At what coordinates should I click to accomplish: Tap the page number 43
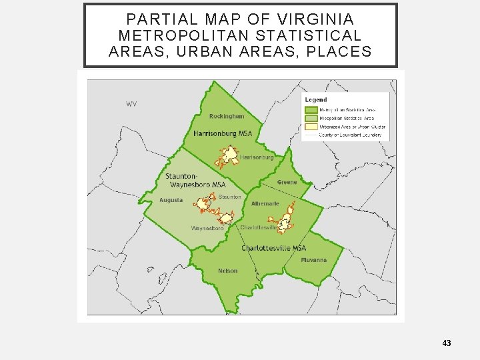coord(447,343)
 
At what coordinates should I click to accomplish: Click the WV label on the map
coord(131,104)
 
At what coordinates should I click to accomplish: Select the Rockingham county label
coord(227,116)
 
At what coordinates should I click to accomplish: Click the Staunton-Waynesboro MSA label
coord(195,180)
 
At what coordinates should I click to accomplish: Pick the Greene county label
coord(287,182)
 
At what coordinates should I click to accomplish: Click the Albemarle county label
coord(265,203)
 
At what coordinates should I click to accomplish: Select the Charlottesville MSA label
coord(273,248)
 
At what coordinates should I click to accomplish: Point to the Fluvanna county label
coord(313,259)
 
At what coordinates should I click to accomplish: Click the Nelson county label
coord(227,271)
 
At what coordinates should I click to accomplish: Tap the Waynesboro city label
coord(207,228)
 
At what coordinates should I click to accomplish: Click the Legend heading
coord(316,100)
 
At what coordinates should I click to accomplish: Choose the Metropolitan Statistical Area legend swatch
coord(311,109)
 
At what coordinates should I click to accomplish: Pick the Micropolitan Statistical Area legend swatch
coord(311,118)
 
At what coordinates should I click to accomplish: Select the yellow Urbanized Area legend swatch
coord(311,127)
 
